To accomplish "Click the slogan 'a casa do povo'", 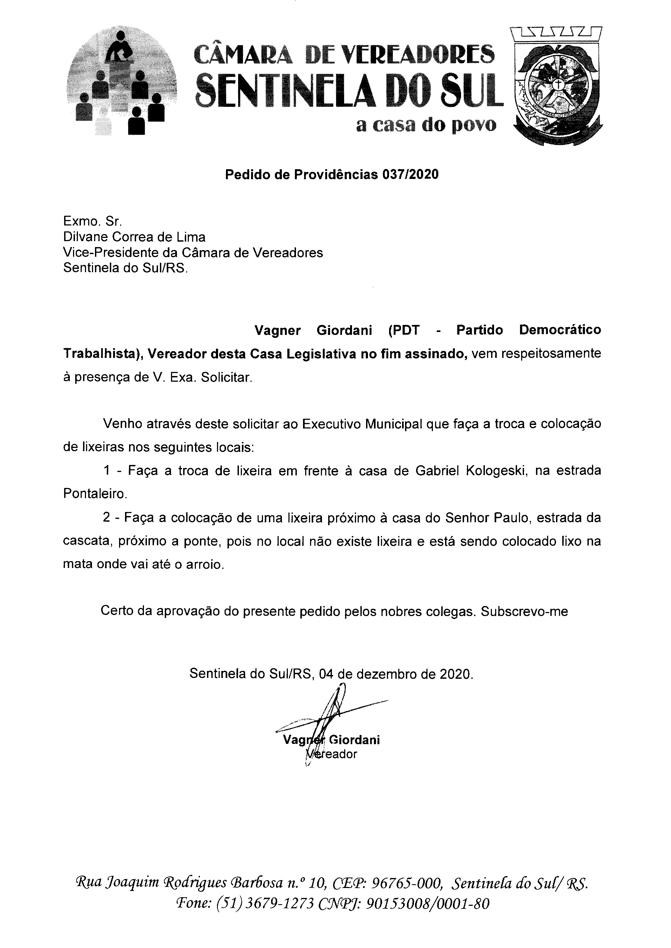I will pos(426,125).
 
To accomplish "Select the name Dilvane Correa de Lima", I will pos(134,237).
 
